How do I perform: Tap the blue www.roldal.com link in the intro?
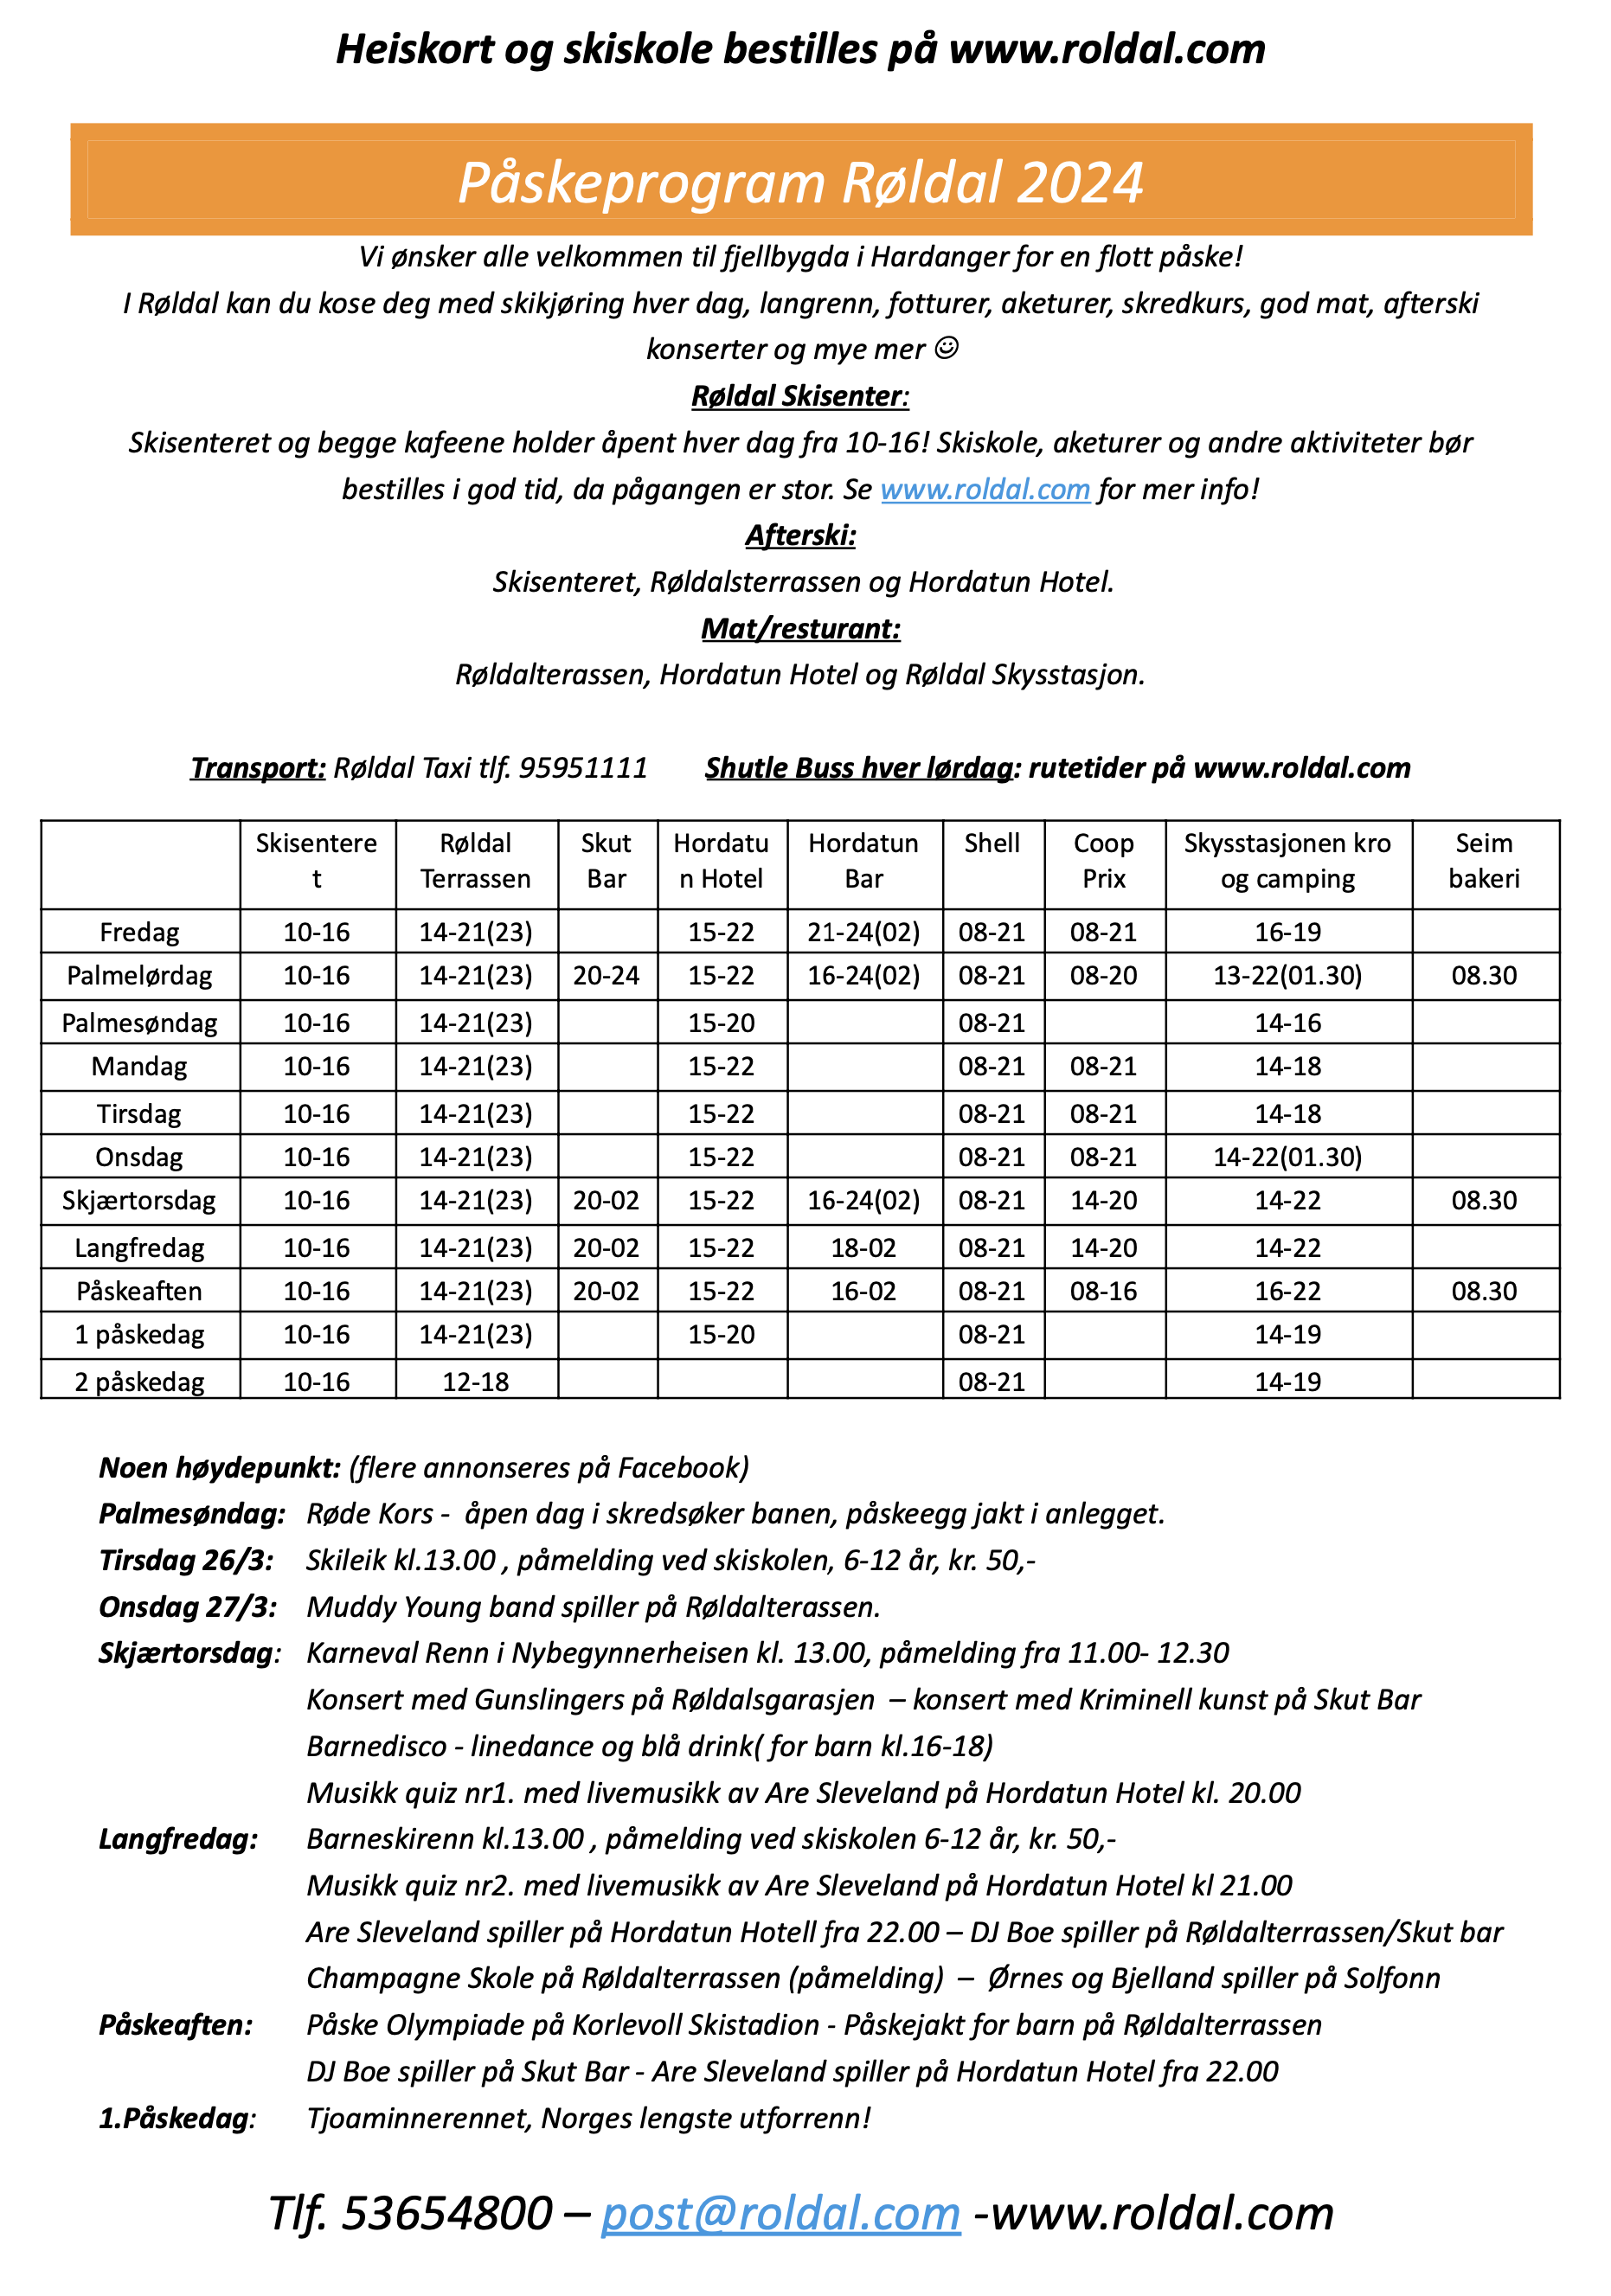[x=984, y=489]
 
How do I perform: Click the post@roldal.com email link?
[x=780, y=2213]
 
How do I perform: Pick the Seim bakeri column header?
[x=1483, y=861]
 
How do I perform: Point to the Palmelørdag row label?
[x=139, y=976]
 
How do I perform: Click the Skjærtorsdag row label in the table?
[x=139, y=1200]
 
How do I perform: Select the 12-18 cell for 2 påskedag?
[x=476, y=1382]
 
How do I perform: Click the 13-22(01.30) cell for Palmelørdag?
[x=1287, y=976]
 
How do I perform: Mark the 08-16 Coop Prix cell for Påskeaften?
[x=1103, y=1291]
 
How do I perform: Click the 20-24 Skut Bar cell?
[x=606, y=976]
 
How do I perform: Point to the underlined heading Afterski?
[x=800, y=536]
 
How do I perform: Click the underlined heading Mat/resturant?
[x=800, y=629]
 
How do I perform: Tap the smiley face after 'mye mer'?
[x=946, y=348]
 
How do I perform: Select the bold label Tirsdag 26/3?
[x=186, y=1560]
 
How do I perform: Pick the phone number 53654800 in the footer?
[x=447, y=2213]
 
